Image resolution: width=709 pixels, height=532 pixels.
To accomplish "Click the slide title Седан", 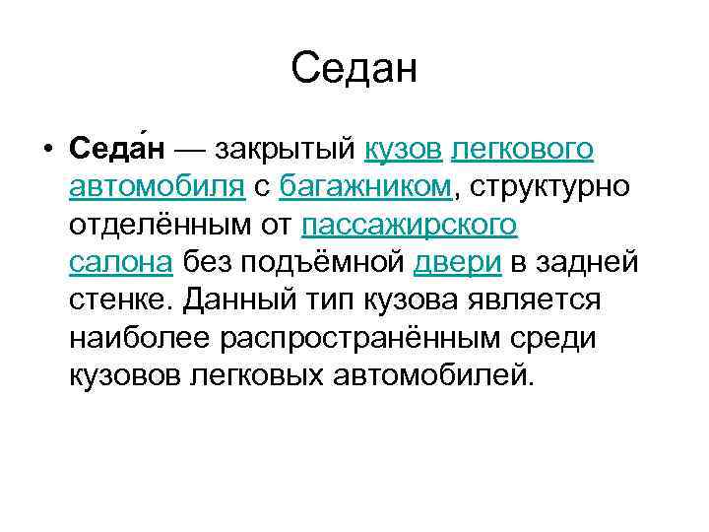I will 354,69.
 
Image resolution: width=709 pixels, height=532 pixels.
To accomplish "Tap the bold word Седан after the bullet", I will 117,150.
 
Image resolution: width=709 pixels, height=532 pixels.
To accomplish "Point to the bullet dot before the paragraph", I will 46,151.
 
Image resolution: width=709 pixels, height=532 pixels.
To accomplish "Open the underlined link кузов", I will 404,150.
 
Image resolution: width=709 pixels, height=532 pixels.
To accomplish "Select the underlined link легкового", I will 522,150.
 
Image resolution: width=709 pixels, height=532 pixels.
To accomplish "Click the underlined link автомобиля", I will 158,187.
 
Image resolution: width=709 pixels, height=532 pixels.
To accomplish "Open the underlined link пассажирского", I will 409,225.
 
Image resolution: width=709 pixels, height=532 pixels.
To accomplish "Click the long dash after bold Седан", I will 190,150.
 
